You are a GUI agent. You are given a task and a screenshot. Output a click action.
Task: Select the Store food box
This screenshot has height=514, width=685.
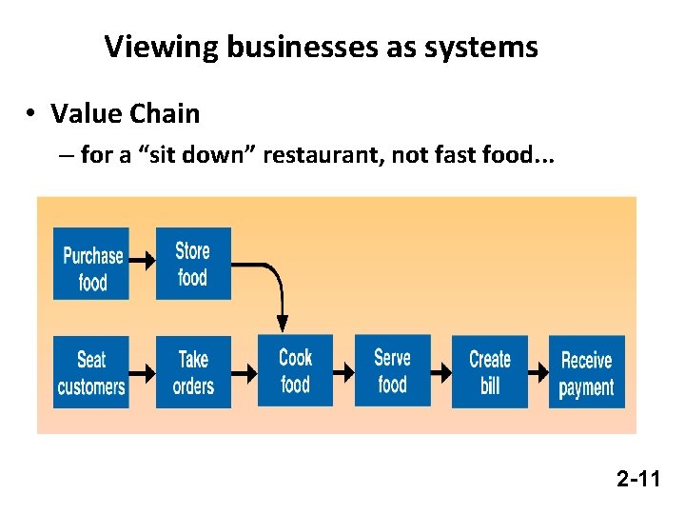tap(193, 264)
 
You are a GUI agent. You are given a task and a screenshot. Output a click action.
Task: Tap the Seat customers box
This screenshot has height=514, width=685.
tap(91, 372)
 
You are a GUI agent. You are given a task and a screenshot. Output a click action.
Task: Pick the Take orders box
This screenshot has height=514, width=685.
tap(193, 372)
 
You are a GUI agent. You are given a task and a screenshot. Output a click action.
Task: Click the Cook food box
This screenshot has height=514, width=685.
tap(296, 371)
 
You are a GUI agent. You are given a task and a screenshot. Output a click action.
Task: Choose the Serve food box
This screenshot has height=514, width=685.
tap(392, 371)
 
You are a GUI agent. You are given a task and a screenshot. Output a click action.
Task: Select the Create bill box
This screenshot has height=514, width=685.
tap(490, 372)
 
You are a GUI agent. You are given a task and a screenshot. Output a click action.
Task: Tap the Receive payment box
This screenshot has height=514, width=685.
tap(586, 372)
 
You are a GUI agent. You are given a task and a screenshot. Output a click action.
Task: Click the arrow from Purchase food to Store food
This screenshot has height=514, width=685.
tap(142, 259)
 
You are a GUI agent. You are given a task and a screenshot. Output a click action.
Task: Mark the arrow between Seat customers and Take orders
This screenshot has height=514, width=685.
tap(142, 373)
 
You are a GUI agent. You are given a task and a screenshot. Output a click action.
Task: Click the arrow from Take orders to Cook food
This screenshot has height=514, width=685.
tap(245, 373)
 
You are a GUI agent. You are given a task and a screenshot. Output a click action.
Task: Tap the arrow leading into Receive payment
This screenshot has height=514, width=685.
tap(538, 373)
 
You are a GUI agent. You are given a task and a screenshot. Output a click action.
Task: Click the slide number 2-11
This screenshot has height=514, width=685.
tap(637, 479)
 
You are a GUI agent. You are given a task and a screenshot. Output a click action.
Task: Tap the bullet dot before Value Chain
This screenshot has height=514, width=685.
tap(31, 114)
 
